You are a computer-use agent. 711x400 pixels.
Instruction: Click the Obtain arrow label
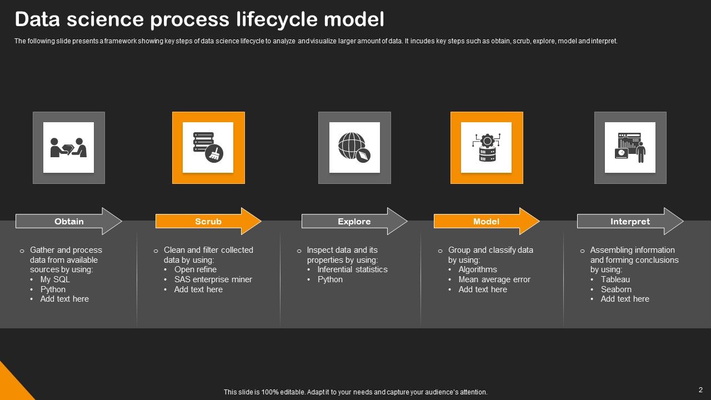point(69,221)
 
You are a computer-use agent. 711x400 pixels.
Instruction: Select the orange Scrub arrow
point(208,221)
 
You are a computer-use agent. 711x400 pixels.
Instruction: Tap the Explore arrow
point(354,221)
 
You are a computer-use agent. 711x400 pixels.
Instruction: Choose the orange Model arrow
point(486,221)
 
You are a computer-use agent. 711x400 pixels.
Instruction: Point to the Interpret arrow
point(630,221)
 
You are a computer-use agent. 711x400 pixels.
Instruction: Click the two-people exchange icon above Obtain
point(69,148)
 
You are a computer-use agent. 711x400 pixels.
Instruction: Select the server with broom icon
point(208,148)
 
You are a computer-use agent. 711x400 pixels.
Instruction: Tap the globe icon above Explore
point(354,148)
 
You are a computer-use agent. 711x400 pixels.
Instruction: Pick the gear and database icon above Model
point(487,148)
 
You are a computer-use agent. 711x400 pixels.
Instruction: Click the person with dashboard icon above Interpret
point(630,148)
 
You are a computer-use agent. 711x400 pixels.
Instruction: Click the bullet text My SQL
point(55,279)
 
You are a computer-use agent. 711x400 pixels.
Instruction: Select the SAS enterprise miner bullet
point(213,279)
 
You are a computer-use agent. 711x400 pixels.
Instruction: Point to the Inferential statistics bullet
point(352,269)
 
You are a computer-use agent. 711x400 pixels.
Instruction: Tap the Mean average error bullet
point(494,279)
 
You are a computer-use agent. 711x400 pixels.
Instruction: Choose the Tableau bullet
point(615,279)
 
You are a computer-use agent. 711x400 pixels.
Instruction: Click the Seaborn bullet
point(615,289)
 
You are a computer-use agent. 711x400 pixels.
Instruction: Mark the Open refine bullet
point(195,269)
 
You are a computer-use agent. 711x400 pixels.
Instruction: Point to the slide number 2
point(700,390)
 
